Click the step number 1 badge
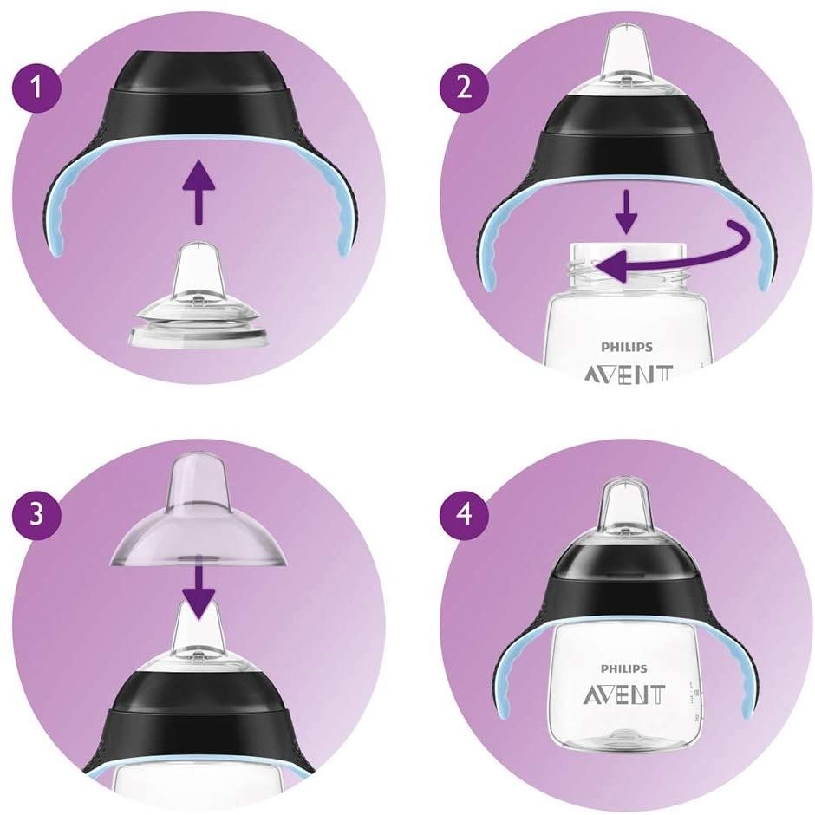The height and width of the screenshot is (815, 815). pos(36,87)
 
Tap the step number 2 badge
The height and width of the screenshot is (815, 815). pos(465,87)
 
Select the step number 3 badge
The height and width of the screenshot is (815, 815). pos(36,514)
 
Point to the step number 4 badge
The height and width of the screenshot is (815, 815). pos(465,514)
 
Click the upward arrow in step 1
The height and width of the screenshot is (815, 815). pos(199,192)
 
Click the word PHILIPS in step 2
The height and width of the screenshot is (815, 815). pos(626,347)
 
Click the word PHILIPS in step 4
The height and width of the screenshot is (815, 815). pos(624,668)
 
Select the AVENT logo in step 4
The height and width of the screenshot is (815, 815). pos(623,694)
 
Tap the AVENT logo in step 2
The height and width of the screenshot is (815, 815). pos(629,373)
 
